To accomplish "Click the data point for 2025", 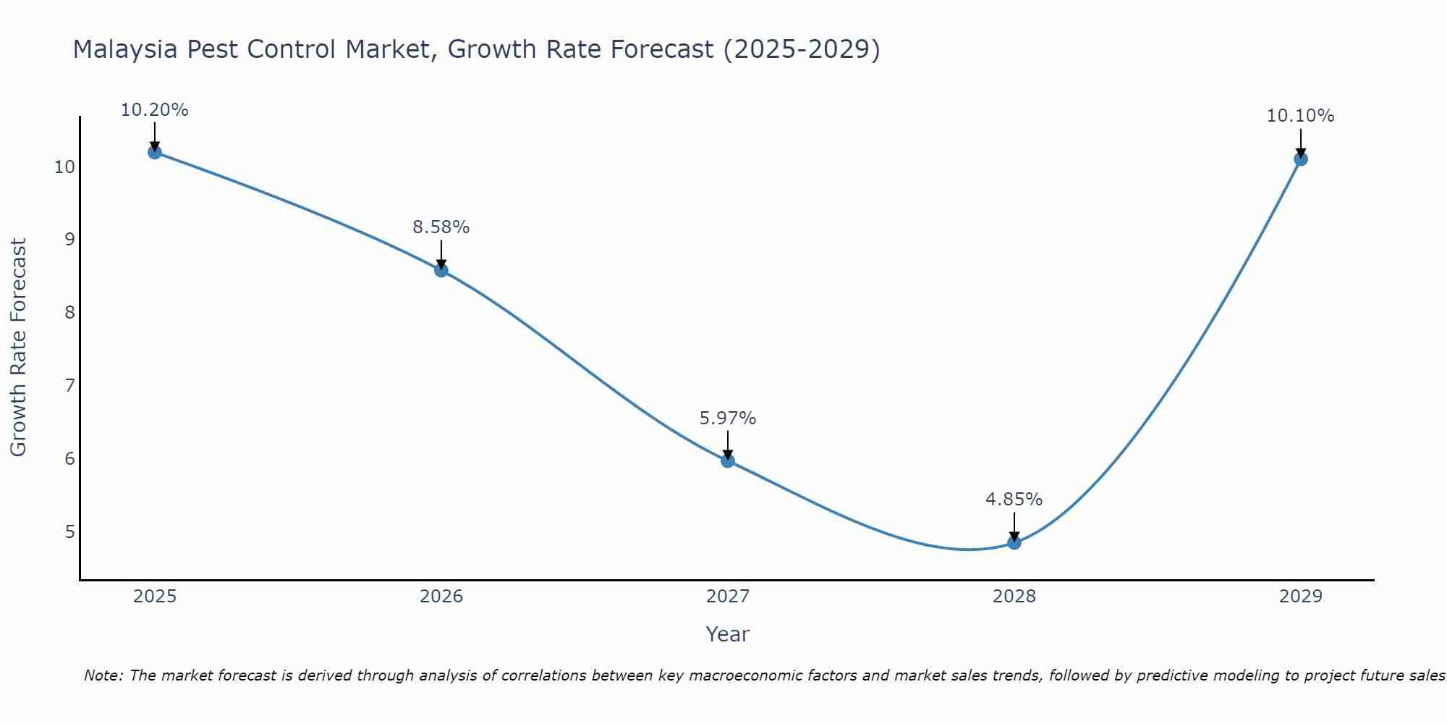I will pyautogui.click(x=154, y=152).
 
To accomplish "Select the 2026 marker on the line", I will pyautogui.click(x=441, y=270).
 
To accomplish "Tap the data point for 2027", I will pyautogui.click(x=728, y=460).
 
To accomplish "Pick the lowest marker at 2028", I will pyautogui.click(x=1014, y=542).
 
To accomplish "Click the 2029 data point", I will pyautogui.click(x=1300, y=159).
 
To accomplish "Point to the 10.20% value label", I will pyautogui.click(x=154, y=110).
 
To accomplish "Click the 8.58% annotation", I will pyautogui.click(x=441, y=227).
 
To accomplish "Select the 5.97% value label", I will pyautogui.click(x=728, y=418).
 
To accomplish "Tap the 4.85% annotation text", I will pyautogui.click(x=1014, y=500).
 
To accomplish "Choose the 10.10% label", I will pyautogui.click(x=1300, y=116).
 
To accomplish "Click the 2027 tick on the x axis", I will pyautogui.click(x=728, y=597).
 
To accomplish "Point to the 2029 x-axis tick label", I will pyautogui.click(x=1300, y=597).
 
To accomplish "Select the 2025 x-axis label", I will pyautogui.click(x=155, y=597).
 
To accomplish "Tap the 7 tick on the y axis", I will pyautogui.click(x=69, y=385).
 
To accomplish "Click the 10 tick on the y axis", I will pyautogui.click(x=65, y=167).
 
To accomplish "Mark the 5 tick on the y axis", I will pyautogui.click(x=69, y=532).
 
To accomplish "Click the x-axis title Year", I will pyautogui.click(x=728, y=634).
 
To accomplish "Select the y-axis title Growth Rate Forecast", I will pyautogui.click(x=18, y=348).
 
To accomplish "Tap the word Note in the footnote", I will pyautogui.click(x=104, y=675).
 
